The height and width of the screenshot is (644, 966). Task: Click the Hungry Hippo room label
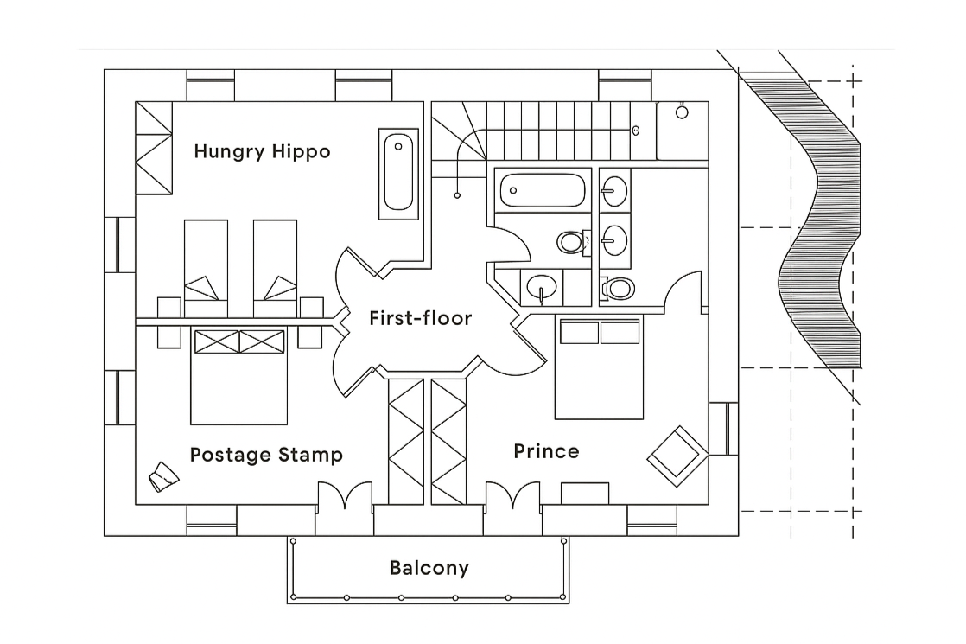tap(262, 152)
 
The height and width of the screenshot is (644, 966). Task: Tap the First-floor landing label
tap(420, 318)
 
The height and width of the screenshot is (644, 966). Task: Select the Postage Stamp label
tap(266, 455)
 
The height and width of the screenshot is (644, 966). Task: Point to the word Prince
tap(546, 451)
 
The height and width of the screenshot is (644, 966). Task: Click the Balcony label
tap(429, 568)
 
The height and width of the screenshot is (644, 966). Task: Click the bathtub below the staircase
tap(543, 189)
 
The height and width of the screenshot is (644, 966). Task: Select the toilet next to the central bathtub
tap(570, 241)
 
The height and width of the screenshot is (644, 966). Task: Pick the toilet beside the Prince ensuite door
tap(619, 288)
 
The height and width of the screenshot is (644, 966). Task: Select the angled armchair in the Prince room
tap(677, 451)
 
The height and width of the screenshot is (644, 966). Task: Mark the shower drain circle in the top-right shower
tap(682, 112)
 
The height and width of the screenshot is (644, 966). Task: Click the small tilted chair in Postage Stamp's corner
tap(161, 476)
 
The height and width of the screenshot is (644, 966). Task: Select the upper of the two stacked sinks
tap(615, 190)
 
